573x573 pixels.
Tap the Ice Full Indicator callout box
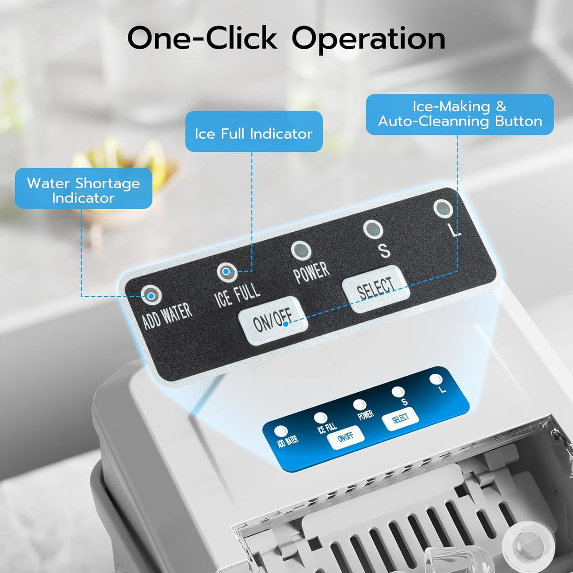(x=254, y=131)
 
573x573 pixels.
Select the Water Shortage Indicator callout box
(x=84, y=188)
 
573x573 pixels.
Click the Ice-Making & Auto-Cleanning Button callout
(x=460, y=115)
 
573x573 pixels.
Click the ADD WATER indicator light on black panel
(x=152, y=295)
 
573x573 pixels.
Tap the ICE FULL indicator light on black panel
(x=227, y=271)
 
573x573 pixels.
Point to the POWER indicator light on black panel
(x=301, y=250)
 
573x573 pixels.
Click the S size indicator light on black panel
(x=373, y=229)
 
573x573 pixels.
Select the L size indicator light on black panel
(x=443, y=208)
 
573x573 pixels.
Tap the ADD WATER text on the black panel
(x=168, y=316)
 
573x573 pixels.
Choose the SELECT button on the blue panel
(x=400, y=419)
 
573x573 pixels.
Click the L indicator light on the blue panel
(x=436, y=379)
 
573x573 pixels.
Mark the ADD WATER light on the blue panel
(x=281, y=431)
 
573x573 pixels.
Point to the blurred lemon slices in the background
(x=125, y=160)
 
